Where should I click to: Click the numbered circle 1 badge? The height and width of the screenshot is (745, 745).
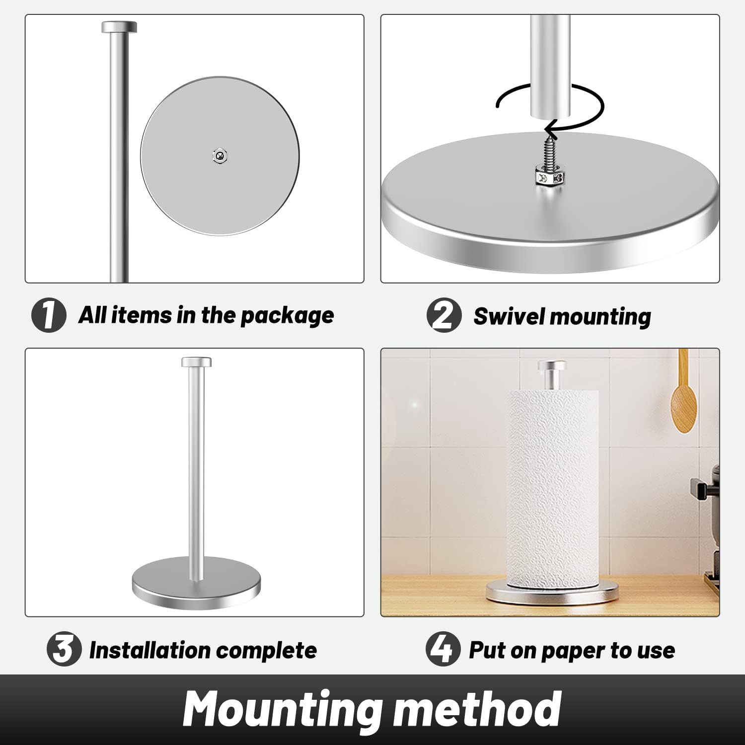click(49, 315)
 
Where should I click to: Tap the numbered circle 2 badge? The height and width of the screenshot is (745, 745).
click(444, 315)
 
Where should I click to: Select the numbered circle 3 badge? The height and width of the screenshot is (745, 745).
click(64, 649)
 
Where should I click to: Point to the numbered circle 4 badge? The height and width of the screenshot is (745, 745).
click(443, 649)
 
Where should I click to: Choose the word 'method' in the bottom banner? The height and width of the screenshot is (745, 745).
click(477, 709)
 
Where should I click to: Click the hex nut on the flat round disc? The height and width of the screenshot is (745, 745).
click(220, 156)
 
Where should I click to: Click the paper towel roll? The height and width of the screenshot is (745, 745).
click(552, 487)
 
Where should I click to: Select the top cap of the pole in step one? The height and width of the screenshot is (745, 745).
click(119, 27)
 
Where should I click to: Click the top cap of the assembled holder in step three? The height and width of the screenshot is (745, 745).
click(196, 362)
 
